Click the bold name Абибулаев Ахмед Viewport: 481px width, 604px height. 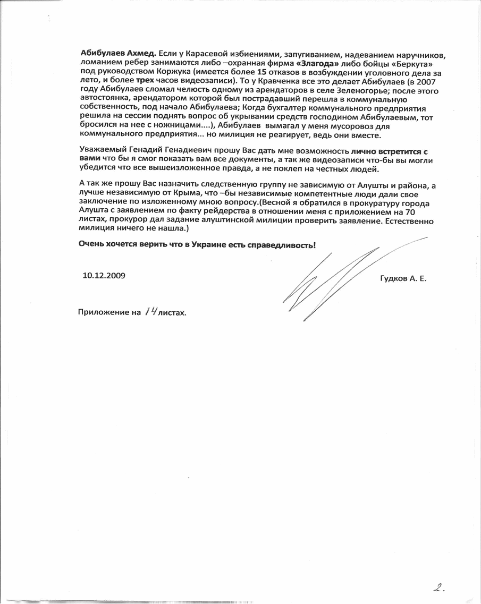point(117,55)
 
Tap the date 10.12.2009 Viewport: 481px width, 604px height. point(104,276)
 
